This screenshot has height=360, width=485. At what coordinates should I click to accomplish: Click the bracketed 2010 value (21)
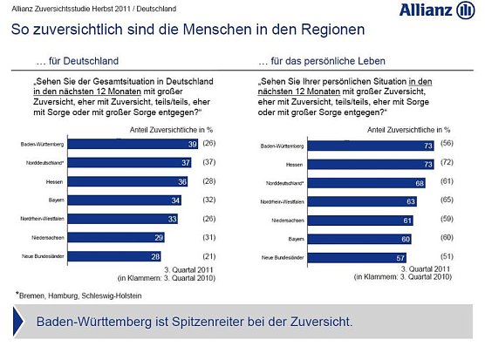tap(208, 257)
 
